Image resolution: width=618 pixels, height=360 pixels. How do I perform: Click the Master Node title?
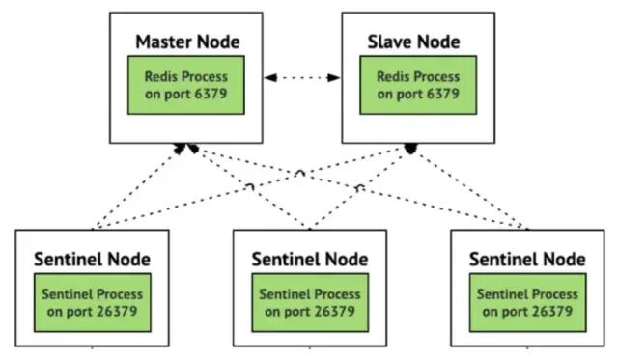pyautogui.click(x=187, y=42)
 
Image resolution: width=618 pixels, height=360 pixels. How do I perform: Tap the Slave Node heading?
pyautogui.click(x=414, y=42)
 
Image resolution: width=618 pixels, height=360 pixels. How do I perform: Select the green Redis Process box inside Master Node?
pyautogui.click(x=186, y=85)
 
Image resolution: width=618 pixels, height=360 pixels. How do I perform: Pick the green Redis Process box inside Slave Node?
pyautogui.click(x=418, y=85)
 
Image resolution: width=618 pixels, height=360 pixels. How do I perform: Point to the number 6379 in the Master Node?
pyautogui.click(x=211, y=94)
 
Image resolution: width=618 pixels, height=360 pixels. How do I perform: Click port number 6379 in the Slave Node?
pyautogui.click(x=443, y=94)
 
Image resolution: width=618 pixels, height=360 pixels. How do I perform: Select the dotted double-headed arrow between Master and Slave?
pyautogui.click(x=302, y=77)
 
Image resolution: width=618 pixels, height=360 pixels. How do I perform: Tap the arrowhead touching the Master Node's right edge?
pyautogui.click(x=270, y=77)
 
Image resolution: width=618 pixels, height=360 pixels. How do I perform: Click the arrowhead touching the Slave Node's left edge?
pyautogui.click(x=334, y=77)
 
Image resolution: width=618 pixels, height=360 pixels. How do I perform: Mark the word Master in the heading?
pyautogui.click(x=163, y=42)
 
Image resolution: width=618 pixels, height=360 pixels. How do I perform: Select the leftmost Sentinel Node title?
pyautogui.click(x=93, y=260)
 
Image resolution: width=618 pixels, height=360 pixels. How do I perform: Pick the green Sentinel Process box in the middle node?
pyautogui.click(x=310, y=302)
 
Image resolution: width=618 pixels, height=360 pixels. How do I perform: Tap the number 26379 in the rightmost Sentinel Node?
pyautogui.click(x=552, y=311)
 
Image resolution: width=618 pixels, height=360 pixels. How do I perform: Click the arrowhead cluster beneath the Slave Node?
pyautogui.click(x=410, y=149)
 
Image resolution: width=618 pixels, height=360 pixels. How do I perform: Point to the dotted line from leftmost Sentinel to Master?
pyautogui.click(x=138, y=186)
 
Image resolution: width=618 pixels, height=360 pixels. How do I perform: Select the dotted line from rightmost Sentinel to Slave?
pyautogui.click(x=469, y=188)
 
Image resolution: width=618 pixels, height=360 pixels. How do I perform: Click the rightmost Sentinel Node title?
pyautogui.click(x=527, y=260)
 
